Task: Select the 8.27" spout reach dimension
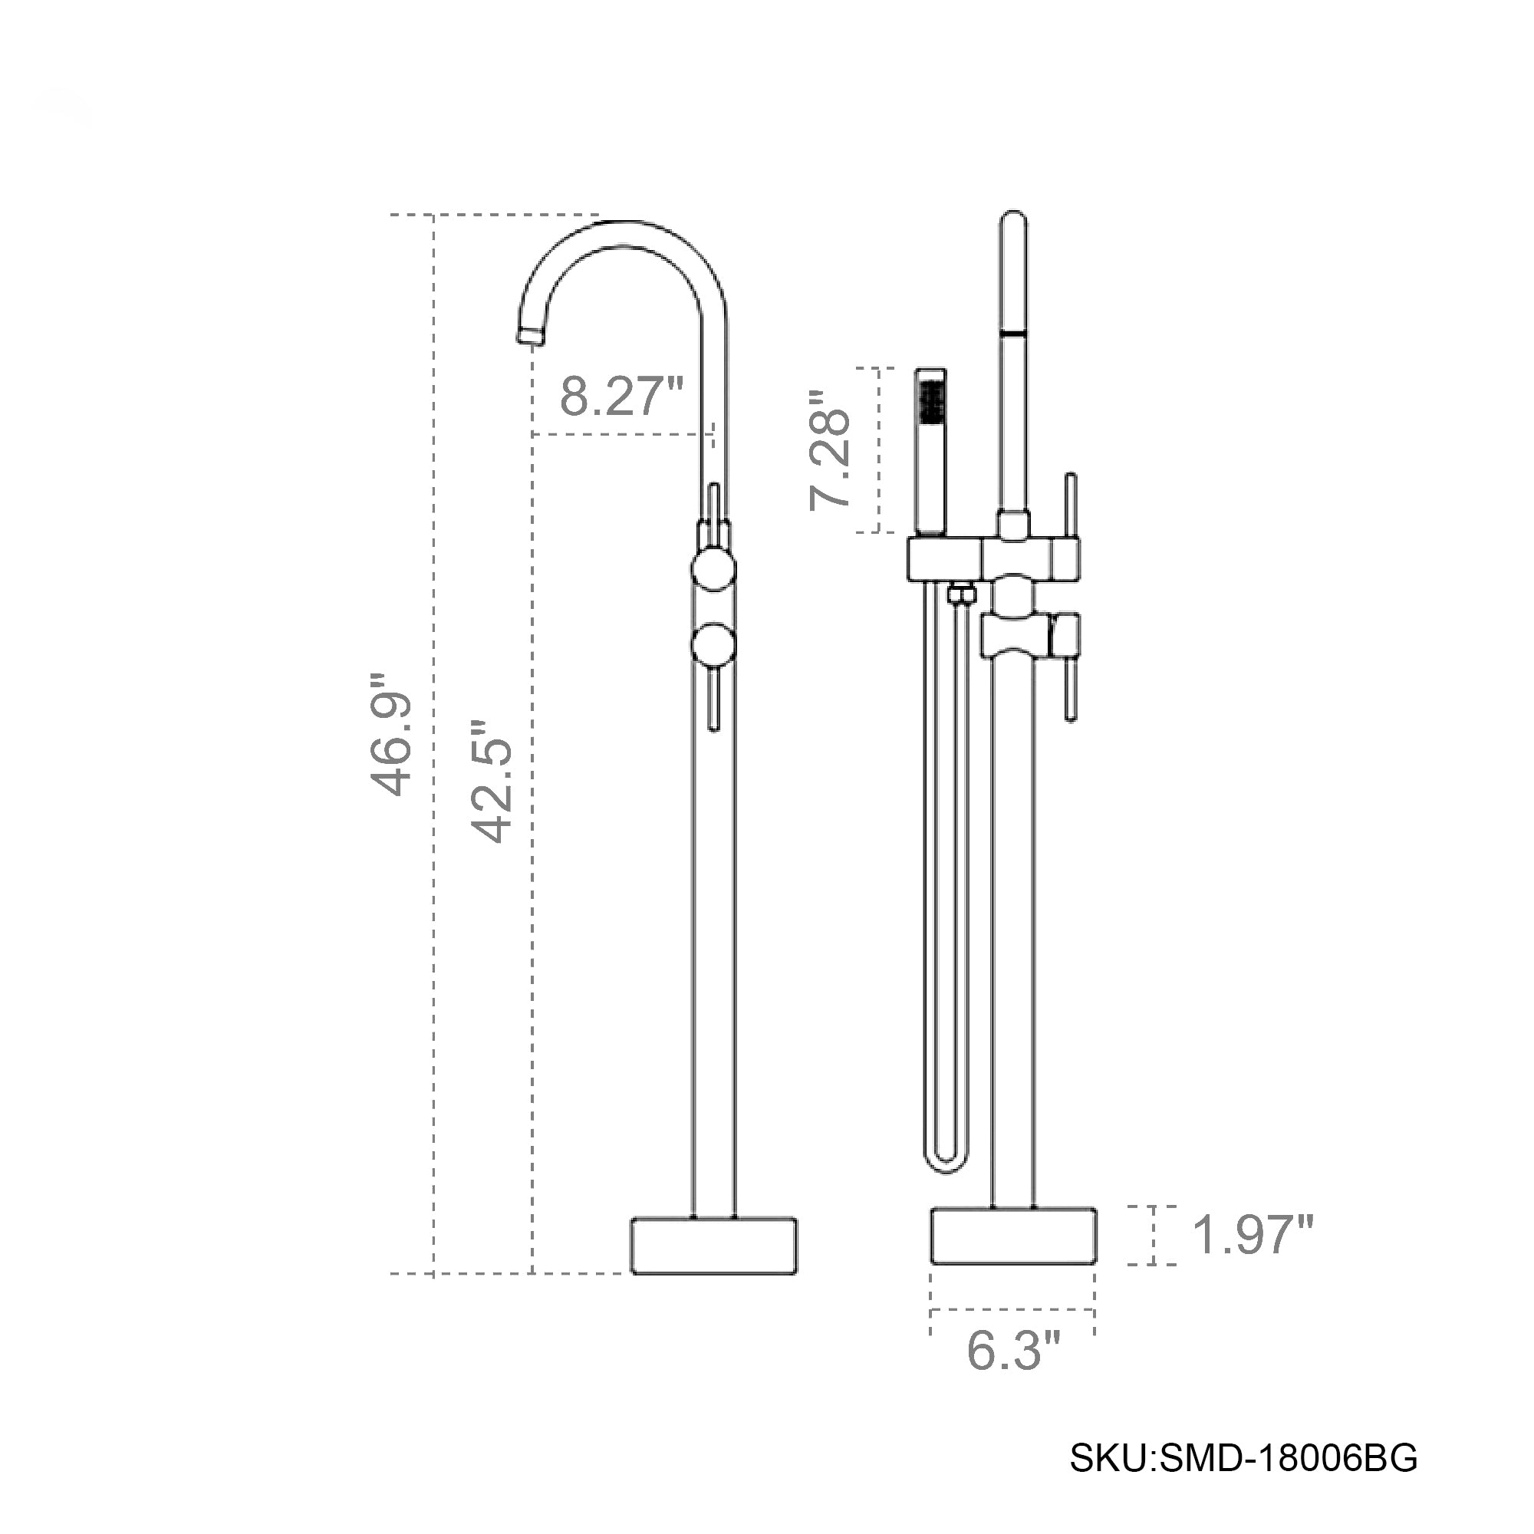coord(621,397)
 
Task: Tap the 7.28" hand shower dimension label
coord(830,449)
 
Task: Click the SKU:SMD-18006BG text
coord(1243,1459)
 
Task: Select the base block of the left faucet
coord(714,1245)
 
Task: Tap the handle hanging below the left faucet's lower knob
coord(713,699)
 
